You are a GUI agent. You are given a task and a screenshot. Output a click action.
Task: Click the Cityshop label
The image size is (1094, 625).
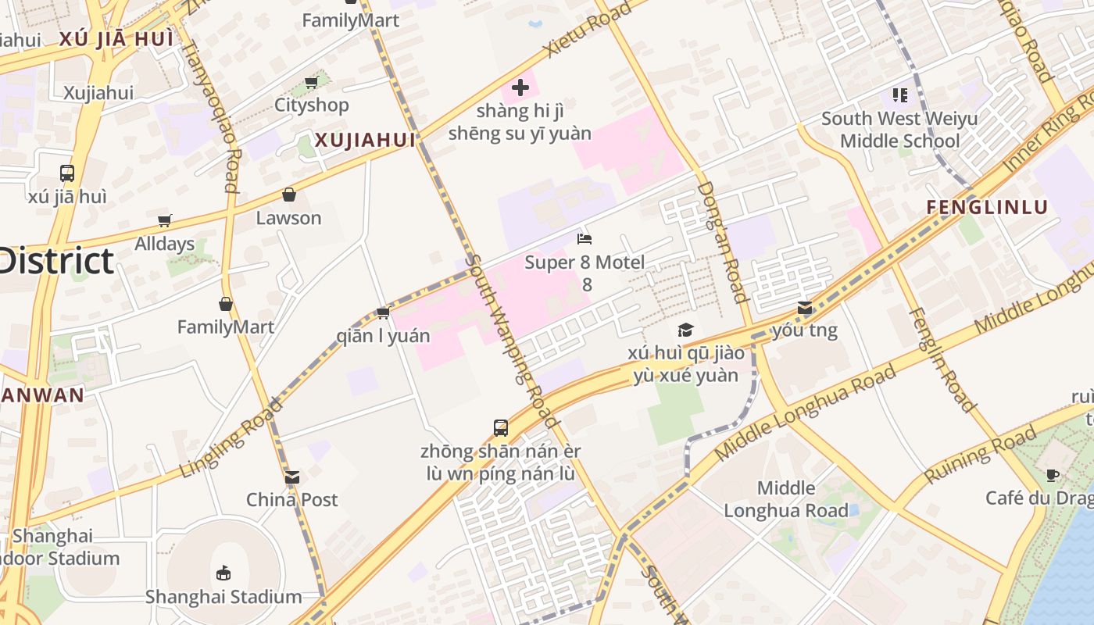[311, 105]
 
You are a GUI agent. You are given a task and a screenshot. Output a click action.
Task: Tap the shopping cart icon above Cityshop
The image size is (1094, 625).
[311, 82]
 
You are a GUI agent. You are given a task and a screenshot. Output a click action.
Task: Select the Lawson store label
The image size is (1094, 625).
[288, 218]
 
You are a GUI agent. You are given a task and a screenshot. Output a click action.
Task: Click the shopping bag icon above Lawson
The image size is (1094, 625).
[289, 195]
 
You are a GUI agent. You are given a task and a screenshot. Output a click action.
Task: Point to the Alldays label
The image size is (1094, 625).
[164, 244]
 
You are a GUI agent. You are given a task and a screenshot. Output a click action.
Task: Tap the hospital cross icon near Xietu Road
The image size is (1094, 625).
[520, 87]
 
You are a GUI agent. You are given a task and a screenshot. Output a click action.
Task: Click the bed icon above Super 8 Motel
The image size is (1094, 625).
[585, 238]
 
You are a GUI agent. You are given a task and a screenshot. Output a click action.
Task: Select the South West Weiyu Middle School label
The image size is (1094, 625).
[899, 130]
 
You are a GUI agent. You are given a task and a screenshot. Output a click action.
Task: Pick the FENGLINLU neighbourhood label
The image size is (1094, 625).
[986, 207]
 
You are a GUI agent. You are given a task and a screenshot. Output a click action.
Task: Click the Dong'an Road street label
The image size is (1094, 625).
[723, 242]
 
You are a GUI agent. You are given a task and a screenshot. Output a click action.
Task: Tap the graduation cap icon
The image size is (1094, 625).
[685, 330]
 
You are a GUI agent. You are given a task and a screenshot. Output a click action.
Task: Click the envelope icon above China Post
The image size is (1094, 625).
[292, 477]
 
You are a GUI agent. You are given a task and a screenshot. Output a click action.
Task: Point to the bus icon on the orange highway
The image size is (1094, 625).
[501, 427]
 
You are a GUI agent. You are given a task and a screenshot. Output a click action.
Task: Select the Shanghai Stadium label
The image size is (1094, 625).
[223, 597]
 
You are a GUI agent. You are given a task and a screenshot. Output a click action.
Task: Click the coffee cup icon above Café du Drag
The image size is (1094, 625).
[1053, 475]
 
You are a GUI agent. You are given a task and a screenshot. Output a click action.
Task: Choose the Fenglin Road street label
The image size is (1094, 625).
[942, 360]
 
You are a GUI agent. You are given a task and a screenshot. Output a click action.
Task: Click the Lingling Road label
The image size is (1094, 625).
[230, 437]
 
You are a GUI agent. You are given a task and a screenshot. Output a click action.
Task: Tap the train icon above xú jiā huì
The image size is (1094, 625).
[67, 173]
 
